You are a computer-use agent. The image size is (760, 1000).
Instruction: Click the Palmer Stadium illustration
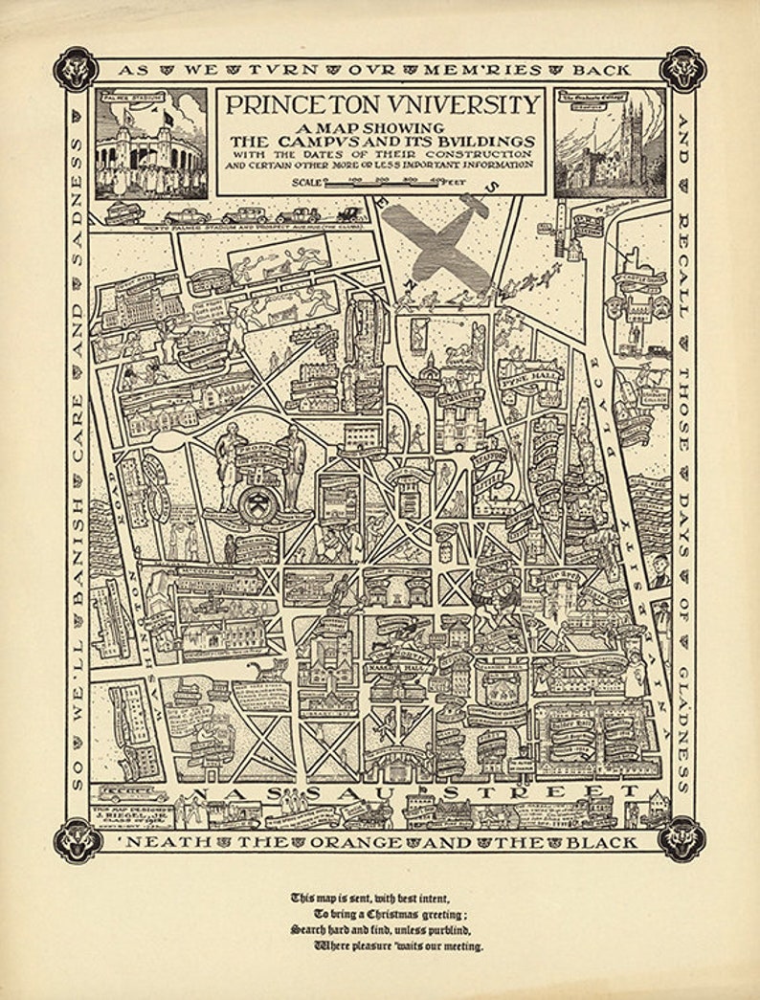tap(150, 144)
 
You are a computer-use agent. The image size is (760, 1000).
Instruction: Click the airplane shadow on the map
tap(436, 239)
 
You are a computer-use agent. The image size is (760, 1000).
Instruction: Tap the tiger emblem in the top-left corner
tap(75, 69)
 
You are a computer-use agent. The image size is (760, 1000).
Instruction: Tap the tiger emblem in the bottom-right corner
tap(683, 838)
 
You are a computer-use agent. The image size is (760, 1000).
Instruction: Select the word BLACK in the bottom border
tap(600, 843)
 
